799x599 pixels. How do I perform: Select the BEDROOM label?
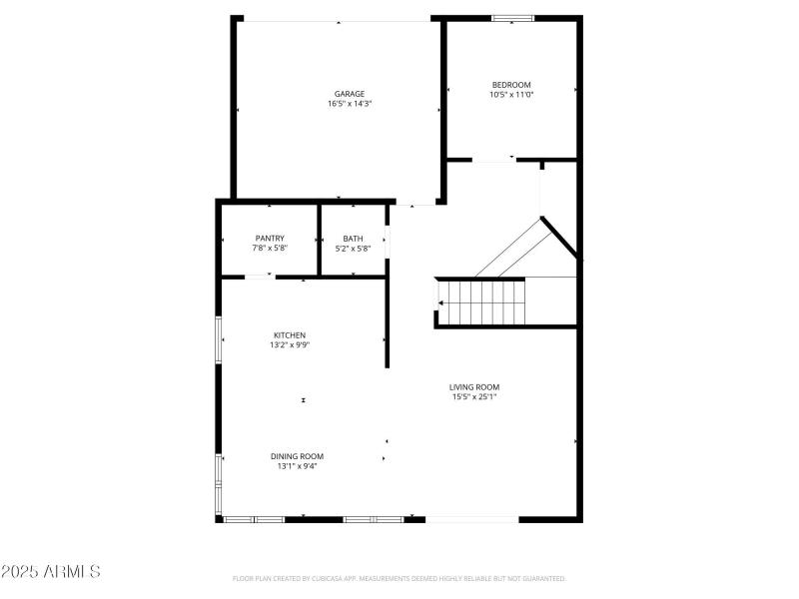click(511, 85)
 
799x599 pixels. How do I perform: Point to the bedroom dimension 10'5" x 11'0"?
click(511, 95)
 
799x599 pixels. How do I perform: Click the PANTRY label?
click(270, 238)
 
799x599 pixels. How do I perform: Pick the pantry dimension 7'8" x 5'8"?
click(270, 248)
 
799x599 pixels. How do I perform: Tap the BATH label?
click(353, 238)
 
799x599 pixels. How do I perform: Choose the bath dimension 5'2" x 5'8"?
click(353, 248)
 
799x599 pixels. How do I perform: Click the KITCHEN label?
click(290, 334)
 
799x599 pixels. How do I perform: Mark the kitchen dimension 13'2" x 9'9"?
click(290, 344)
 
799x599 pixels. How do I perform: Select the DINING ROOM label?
click(297, 456)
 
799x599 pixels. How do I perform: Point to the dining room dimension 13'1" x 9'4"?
click(297, 466)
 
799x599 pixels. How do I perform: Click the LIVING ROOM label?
click(473, 387)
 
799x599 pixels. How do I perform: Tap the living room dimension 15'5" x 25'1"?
click(473, 397)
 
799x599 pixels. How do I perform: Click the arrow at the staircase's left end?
click(442, 301)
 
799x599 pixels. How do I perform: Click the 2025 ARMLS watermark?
click(51, 572)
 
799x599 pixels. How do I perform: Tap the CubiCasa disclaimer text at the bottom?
click(399, 578)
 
